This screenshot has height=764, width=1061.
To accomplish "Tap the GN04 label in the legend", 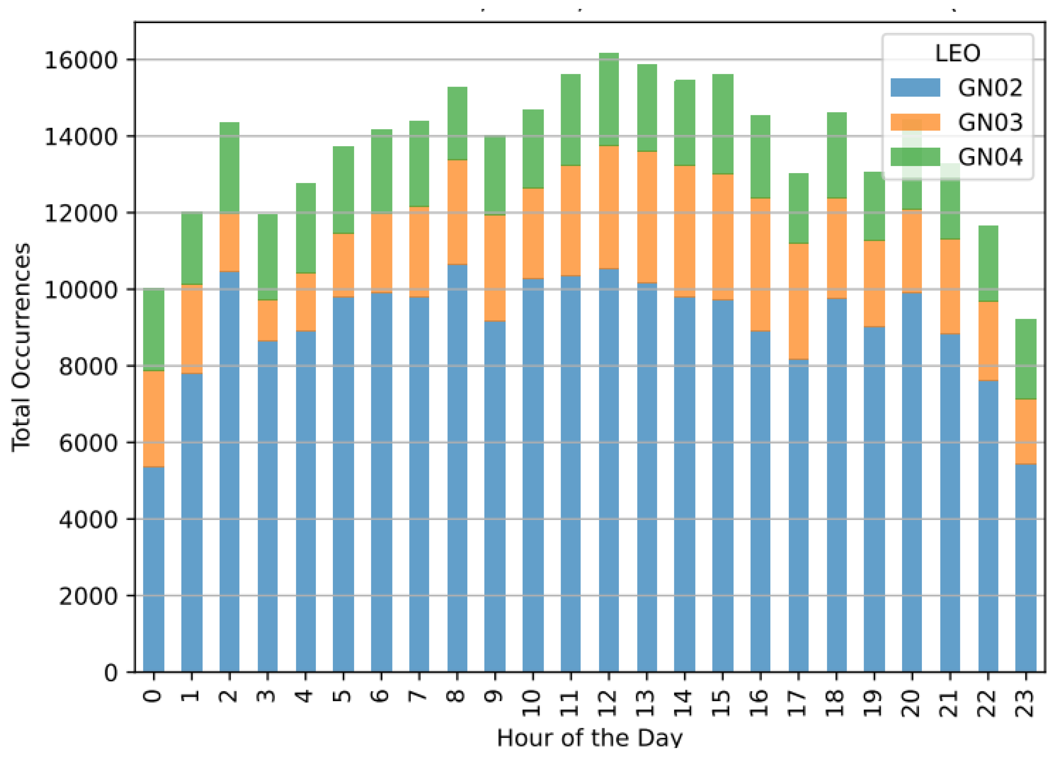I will pos(990,157).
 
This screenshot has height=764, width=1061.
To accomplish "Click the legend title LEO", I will pos(957,53).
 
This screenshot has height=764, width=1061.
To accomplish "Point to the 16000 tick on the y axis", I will pos(80,60).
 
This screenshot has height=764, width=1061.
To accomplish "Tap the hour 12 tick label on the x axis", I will pos(608,703).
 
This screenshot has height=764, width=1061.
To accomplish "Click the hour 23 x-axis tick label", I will pos(1026,703).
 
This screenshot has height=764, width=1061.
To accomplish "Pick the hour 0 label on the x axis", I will pos(153,696).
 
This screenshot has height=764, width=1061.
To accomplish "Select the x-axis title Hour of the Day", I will pos(589,738).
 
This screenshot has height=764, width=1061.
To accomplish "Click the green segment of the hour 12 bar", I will pos(609,99).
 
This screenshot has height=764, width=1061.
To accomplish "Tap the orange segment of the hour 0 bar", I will pos(153,419).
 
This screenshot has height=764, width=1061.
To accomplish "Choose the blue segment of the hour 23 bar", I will pos(1026,568).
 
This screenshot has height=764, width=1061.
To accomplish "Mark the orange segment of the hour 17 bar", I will pos(798,301).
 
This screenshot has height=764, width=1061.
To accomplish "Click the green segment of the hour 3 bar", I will pos(268,257).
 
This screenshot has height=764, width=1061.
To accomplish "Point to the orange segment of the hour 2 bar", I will pos(229,242).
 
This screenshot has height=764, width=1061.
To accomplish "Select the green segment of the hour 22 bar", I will pos(988,263).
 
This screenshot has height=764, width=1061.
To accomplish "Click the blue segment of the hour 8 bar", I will pos(457,468).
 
